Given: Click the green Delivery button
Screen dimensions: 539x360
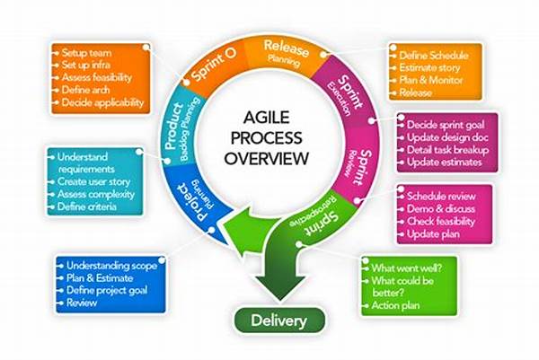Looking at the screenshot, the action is coord(279,320).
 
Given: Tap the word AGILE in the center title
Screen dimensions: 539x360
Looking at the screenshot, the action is coord(267,118).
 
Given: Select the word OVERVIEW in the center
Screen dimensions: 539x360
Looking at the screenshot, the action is coord(267,158).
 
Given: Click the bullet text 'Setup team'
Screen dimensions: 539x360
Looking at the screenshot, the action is coord(86,53).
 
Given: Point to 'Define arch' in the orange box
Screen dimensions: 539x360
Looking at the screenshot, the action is coord(85,90).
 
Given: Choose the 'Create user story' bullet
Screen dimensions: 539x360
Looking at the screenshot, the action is coord(93,181).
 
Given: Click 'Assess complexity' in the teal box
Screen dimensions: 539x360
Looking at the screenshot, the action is coord(96,195).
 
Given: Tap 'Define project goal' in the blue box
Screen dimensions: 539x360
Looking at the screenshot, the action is coord(107,291).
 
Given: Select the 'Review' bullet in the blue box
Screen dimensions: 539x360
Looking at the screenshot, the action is coord(82,303).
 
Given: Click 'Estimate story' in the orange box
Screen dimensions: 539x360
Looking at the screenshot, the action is coord(429,67).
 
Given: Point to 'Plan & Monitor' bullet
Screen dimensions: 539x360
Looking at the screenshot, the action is coord(431,80).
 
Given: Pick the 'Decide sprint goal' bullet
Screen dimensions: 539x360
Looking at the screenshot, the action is coord(446,125).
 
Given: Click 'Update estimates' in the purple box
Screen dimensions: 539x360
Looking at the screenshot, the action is coord(445,162).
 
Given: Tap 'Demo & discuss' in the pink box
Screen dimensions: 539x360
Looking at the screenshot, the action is coord(441,209).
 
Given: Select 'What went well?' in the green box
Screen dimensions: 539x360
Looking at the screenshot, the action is coord(407,268).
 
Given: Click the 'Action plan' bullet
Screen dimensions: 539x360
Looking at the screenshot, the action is coord(395,305).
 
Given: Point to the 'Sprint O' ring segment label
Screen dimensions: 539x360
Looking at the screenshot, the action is coord(214,64).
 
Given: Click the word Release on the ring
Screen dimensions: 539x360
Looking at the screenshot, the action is coord(287,48).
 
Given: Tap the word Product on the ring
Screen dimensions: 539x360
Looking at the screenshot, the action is coord(174,127).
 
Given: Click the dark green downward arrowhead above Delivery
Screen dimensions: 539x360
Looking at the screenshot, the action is coord(279,286).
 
